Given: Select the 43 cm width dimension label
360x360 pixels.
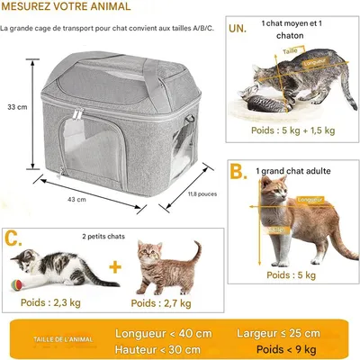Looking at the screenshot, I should pyautogui.click(x=76, y=199).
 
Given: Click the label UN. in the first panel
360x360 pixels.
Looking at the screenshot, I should pyautogui.click(x=237, y=28).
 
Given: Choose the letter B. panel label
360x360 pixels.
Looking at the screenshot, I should pyautogui.click(x=237, y=172).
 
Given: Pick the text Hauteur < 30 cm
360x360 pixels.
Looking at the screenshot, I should pyautogui.click(x=158, y=348).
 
